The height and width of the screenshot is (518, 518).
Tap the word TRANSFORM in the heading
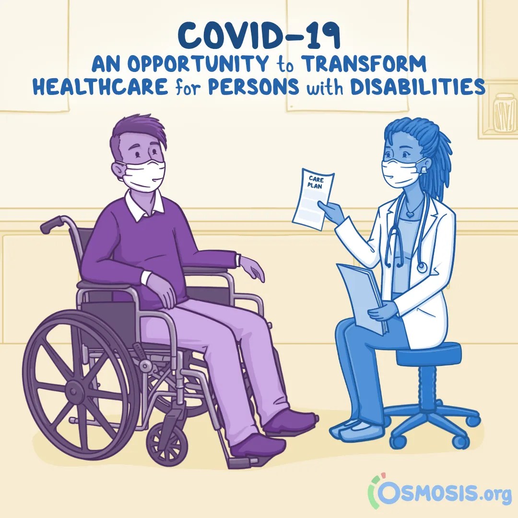[365, 64]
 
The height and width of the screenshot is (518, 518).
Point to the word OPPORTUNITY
[198, 64]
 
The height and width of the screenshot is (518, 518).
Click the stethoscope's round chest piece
[422, 267]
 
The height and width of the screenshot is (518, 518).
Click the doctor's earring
[424, 170]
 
